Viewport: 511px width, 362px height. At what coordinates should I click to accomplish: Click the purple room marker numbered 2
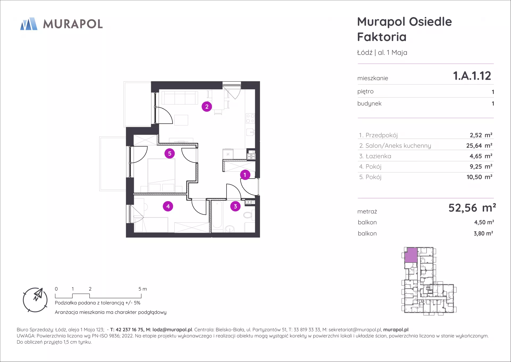point(207,107)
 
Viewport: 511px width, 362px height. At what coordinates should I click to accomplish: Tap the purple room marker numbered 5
point(170,154)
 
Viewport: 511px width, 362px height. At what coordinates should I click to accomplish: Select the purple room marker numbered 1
point(245,175)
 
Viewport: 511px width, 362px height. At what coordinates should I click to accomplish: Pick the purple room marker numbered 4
point(168,206)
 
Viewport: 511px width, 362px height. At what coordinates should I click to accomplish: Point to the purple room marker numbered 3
point(235,206)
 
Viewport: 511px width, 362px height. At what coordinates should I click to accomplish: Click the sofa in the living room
point(180,98)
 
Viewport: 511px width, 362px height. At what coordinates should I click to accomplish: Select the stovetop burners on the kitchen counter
point(250,118)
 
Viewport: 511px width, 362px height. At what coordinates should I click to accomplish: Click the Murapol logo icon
point(29,24)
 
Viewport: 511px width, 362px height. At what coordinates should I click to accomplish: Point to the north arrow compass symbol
point(35,300)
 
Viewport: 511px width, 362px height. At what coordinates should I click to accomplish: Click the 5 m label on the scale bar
point(143,289)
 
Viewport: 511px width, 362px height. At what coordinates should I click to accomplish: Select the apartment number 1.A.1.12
point(472,76)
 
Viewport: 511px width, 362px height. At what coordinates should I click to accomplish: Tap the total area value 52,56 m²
point(472,208)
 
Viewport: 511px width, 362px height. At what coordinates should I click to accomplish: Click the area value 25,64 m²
point(479,146)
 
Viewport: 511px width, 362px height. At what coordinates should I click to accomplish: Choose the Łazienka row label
point(378,156)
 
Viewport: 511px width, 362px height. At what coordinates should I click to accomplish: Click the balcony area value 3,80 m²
point(483,234)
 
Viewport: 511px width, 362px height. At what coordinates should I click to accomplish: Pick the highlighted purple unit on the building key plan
point(411,255)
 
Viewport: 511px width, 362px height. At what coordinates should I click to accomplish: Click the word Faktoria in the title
point(382,37)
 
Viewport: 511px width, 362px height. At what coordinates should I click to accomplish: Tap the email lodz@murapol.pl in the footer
point(172,330)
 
